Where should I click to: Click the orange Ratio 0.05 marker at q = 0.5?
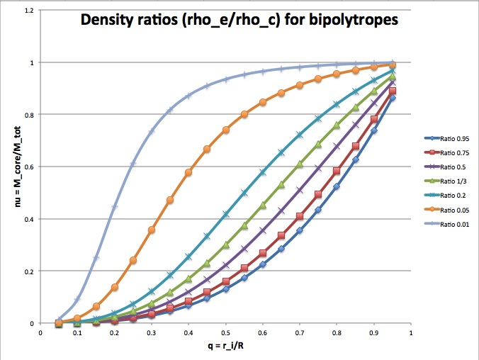click(x=226, y=130)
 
